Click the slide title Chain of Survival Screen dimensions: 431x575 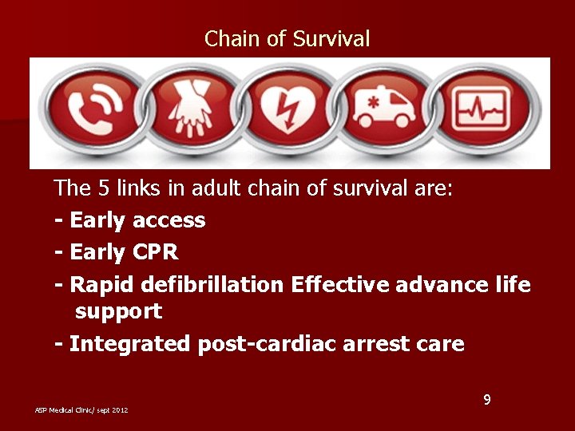coord(287,38)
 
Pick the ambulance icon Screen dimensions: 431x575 coord(385,112)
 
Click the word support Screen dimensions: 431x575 coord(118,311)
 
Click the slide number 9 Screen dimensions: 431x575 coord(486,397)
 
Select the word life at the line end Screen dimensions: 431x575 coord(513,285)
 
